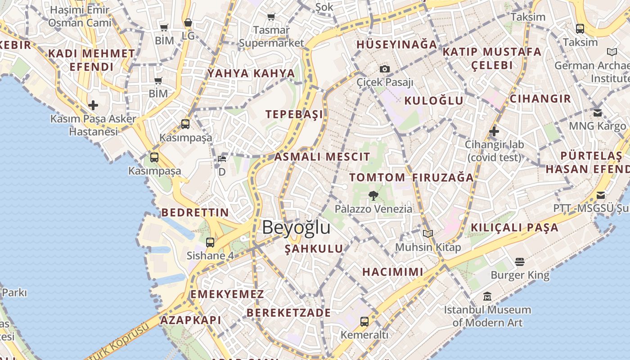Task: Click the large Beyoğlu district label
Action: (296, 227)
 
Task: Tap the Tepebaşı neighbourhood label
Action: (294, 114)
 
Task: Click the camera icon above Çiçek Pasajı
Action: (384, 69)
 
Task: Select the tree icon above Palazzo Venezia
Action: (373, 195)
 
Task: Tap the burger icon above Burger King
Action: (520, 261)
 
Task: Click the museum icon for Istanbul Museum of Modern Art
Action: (487, 297)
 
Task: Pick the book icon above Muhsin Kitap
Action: (427, 234)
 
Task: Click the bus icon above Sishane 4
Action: (210, 242)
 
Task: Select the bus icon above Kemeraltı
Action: (364, 321)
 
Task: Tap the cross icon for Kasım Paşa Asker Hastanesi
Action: (93, 105)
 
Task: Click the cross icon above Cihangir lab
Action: (494, 131)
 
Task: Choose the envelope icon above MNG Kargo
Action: (597, 112)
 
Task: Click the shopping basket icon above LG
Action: (188, 22)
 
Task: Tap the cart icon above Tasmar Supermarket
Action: (271, 17)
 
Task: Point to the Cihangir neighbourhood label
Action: (540, 99)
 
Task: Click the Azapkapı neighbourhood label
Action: (191, 320)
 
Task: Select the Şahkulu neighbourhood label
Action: (314, 249)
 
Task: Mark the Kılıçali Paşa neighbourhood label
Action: (514, 228)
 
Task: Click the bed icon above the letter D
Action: (222, 158)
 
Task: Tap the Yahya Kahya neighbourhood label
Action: (251, 73)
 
